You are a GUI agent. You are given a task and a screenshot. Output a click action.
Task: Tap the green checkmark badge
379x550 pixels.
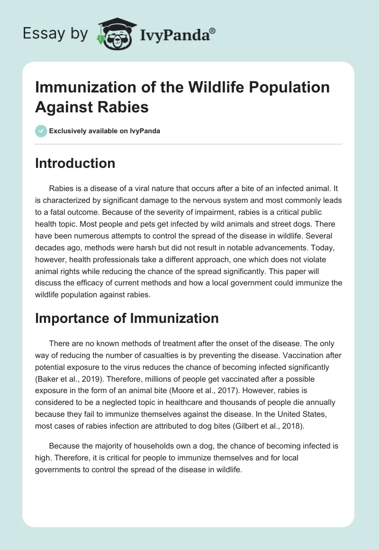pos(41,131)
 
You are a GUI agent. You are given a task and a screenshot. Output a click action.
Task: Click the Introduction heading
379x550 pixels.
pos(75,163)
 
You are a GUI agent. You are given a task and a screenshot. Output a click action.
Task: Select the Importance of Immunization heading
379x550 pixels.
pos(126,318)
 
